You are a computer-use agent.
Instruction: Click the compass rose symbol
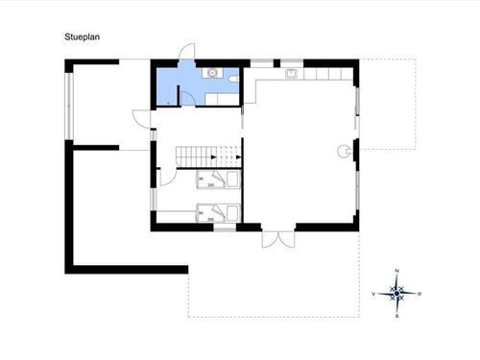click(396, 292)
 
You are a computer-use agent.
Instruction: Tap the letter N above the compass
click(396, 271)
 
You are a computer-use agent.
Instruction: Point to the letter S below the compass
click(396, 314)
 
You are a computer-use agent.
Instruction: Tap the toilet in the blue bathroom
click(233, 75)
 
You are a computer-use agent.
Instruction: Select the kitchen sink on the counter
click(291, 73)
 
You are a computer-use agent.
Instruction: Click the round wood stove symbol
click(343, 149)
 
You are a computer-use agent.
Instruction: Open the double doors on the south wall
click(275, 239)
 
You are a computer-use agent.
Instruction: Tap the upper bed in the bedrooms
click(219, 182)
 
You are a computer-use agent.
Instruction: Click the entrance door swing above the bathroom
click(187, 51)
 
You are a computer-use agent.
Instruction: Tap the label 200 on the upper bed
click(210, 186)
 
